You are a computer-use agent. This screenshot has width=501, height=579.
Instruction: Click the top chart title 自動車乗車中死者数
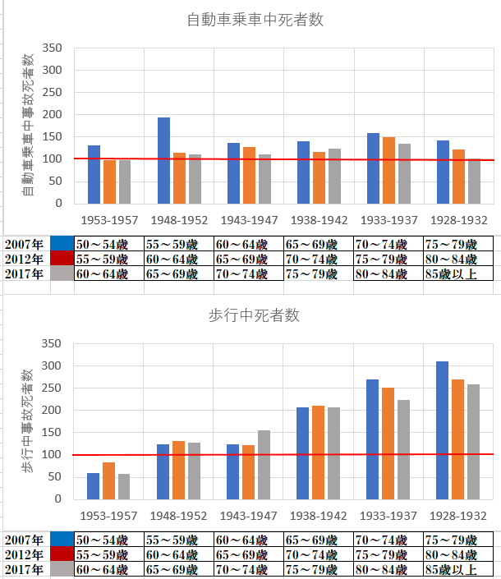(x=255, y=20)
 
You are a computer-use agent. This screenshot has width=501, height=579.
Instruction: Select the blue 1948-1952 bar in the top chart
(x=164, y=161)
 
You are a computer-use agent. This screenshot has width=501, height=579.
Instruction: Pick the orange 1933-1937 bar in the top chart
(x=388, y=171)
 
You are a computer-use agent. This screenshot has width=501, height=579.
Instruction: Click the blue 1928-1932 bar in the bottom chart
(x=443, y=430)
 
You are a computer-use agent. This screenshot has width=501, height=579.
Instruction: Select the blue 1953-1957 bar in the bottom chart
(x=93, y=486)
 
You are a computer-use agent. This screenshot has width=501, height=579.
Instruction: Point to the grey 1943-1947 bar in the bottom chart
(x=264, y=465)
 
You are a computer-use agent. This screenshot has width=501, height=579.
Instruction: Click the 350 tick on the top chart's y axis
(x=53, y=48)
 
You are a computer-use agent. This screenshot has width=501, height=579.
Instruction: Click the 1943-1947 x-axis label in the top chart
(x=249, y=220)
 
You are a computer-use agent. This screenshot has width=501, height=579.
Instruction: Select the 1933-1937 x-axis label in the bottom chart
(x=388, y=516)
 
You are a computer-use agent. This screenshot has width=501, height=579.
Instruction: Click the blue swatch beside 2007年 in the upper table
(x=62, y=244)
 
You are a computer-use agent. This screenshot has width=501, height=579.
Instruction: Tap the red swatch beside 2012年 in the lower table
(x=62, y=555)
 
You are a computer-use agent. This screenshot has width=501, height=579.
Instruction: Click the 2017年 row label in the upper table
(x=25, y=273)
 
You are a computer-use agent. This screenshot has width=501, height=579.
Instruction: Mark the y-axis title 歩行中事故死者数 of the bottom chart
(x=29, y=420)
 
